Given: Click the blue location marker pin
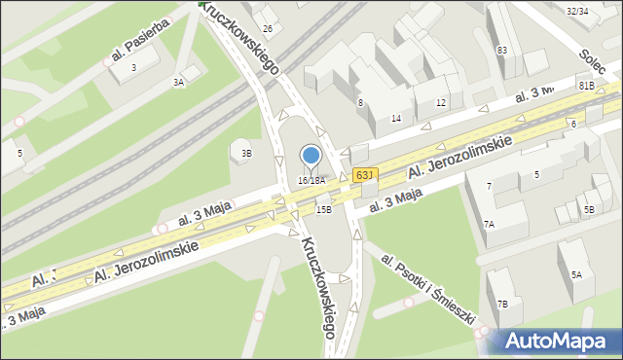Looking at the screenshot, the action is (311, 155).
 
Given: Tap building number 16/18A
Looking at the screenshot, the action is (311, 181).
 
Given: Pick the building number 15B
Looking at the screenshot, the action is (323, 209).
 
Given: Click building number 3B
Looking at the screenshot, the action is (247, 153).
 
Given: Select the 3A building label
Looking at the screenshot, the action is (178, 83).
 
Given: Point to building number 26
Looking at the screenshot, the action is (267, 28).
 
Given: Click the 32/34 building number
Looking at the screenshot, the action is (576, 11).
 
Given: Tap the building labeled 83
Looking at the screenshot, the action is (502, 50).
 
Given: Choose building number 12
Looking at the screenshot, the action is (441, 102).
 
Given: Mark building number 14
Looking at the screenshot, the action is (396, 118).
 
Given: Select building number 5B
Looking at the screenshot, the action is (588, 210).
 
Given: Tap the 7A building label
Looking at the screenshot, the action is (490, 225).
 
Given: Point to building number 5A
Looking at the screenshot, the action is (576, 274).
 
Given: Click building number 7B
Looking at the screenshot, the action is (503, 304).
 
